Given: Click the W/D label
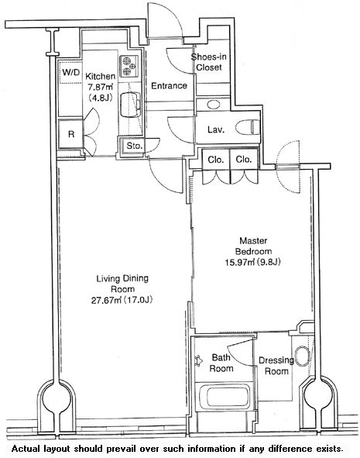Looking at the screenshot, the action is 71,73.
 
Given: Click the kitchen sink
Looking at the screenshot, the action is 130,104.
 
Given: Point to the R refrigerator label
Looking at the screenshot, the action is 71,134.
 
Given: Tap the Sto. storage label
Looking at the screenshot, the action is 135,146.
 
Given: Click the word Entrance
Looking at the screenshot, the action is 169,86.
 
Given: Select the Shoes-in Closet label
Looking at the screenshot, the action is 209,62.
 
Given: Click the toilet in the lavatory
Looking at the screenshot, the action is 247,127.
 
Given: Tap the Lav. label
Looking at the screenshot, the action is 216,129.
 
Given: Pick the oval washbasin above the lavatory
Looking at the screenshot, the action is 214,104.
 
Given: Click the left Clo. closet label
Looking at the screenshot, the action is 216,160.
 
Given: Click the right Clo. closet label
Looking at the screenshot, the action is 244,160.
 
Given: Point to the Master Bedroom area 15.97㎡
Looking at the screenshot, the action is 238,262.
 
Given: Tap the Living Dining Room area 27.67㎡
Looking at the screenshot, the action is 107,300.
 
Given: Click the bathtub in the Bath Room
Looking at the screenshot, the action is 225,397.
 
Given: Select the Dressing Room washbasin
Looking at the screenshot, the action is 302,356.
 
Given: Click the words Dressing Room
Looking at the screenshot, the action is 276,366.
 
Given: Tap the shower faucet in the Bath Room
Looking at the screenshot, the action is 200,360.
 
